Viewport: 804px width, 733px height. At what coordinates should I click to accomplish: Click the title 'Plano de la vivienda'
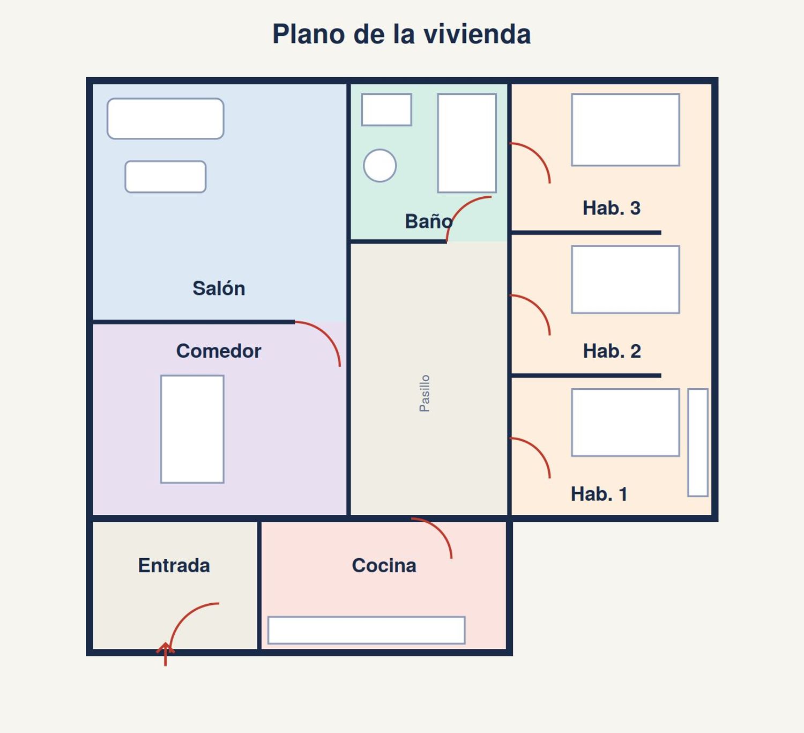tap(401, 34)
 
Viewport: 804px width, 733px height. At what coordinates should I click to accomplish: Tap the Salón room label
tap(219, 288)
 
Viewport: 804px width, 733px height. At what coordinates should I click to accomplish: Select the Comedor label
tap(219, 351)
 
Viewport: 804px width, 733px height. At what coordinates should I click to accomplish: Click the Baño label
tap(428, 221)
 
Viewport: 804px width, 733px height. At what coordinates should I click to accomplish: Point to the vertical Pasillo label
tap(425, 394)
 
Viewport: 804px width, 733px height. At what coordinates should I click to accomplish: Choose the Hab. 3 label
tap(612, 208)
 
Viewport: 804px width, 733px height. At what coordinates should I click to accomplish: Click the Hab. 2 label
tap(612, 351)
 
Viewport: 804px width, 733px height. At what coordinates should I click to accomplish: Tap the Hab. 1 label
tap(599, 494)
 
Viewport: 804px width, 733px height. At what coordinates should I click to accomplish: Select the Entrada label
tap(174, 565)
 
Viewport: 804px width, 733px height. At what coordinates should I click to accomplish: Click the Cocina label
tap(384, 565)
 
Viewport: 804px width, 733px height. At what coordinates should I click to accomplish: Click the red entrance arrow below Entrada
tap(166, 654)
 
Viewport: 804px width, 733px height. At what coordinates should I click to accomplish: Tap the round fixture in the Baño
tap(380, 166)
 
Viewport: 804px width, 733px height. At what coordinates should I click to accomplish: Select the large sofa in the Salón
tap(166, 119)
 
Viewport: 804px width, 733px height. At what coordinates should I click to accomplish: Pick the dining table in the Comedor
tap(192, 429)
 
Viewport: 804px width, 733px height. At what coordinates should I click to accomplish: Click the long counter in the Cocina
tap(366, 631)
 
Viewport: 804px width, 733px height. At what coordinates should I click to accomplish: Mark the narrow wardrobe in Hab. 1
tap(698, 442)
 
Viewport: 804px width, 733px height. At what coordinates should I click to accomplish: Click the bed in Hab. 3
tap(626, 130)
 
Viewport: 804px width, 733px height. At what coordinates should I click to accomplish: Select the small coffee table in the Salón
tap(166, 177)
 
